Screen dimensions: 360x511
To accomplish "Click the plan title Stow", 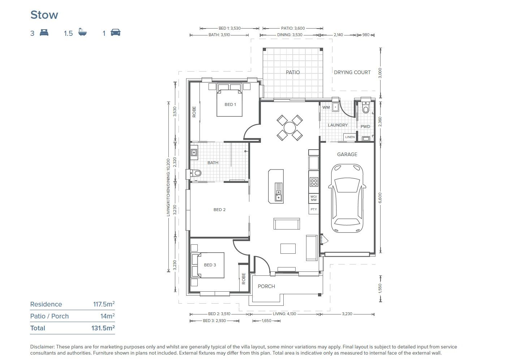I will tap(44, 15).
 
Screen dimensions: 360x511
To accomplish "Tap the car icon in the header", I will tap(115, 33).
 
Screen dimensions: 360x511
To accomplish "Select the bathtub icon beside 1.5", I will tap(82, 33).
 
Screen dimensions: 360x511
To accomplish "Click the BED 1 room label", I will tap(230, 104).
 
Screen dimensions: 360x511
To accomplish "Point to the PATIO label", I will tap(293, 72).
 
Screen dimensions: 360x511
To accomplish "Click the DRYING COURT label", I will tap(352, 72).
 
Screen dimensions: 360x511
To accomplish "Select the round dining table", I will tap(289, 128).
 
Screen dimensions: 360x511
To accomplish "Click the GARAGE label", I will tap(347, 154).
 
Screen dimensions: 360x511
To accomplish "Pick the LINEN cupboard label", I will tap(350, 137).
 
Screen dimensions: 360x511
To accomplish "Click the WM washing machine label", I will tap(326, 107).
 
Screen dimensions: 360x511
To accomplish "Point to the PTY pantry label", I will tap(314, 209).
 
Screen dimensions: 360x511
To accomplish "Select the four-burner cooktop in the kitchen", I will tap(314, 181).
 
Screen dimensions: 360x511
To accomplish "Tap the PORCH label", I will tap(266, 286).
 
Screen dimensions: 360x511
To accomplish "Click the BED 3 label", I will tap(210, 265).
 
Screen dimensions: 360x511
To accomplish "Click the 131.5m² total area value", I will tap(103, 328).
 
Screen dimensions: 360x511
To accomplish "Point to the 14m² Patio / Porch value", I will tap(107, 316).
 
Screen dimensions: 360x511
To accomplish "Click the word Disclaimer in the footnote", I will tap(42, 347).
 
